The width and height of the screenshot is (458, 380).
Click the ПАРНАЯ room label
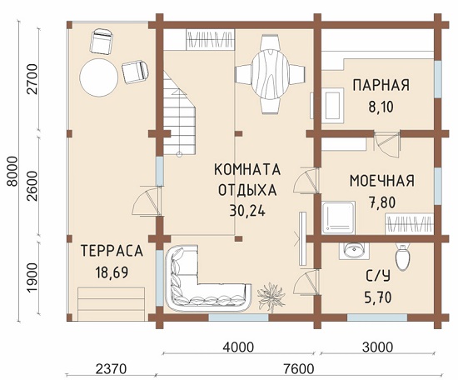381,85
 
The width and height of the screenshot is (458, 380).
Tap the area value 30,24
247,210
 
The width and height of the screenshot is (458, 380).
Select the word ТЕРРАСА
112,251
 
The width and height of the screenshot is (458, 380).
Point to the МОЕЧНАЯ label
382,181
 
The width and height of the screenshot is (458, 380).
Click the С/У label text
378,276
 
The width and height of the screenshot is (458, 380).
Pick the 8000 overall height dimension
12,172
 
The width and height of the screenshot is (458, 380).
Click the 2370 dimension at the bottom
111,369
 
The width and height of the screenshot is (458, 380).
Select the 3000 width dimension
378,347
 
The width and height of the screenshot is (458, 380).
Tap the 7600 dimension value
298,369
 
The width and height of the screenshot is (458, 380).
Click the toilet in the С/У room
402,257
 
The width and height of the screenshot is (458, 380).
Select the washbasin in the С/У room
354,251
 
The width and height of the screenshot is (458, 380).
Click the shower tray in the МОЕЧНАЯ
339,217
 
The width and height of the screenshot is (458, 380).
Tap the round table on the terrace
99,77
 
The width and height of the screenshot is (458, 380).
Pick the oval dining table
271,74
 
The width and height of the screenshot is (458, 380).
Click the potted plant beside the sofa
271,297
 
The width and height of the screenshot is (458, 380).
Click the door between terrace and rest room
147,202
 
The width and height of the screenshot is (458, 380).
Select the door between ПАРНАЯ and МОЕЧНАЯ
386,143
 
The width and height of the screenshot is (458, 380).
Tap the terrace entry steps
112,304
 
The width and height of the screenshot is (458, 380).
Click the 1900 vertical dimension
32,277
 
